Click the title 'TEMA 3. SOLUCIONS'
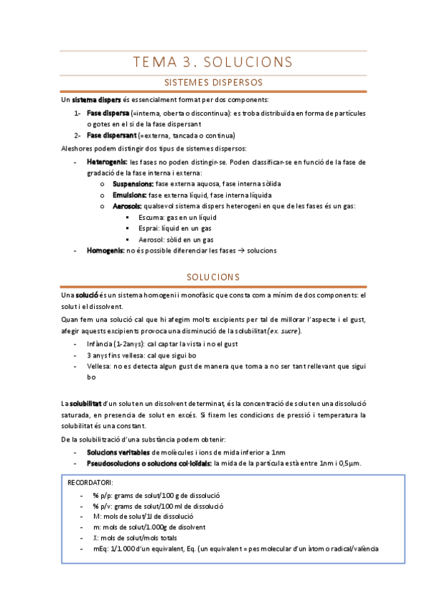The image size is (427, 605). (213, 61)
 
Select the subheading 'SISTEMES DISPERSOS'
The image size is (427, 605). (213, 83)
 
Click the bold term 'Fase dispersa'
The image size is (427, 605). (108, 113)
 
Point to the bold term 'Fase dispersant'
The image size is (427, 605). (112, 136)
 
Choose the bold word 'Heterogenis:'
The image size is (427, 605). (107, 162)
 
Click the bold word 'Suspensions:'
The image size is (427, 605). (133, 184)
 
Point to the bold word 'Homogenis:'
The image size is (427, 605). (106, 251)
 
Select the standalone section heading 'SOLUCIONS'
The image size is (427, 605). (213, 277)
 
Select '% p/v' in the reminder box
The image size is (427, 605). (102, 505)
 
